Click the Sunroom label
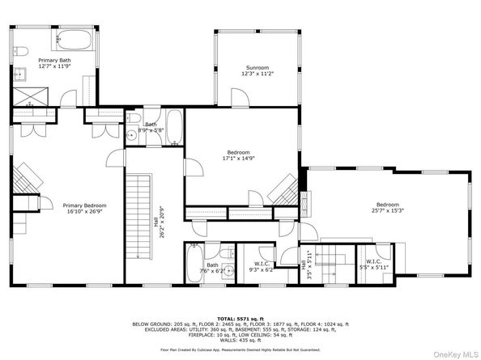257,67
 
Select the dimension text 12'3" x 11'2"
257,74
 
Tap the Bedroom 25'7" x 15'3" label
387,208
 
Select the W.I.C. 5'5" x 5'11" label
373,265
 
